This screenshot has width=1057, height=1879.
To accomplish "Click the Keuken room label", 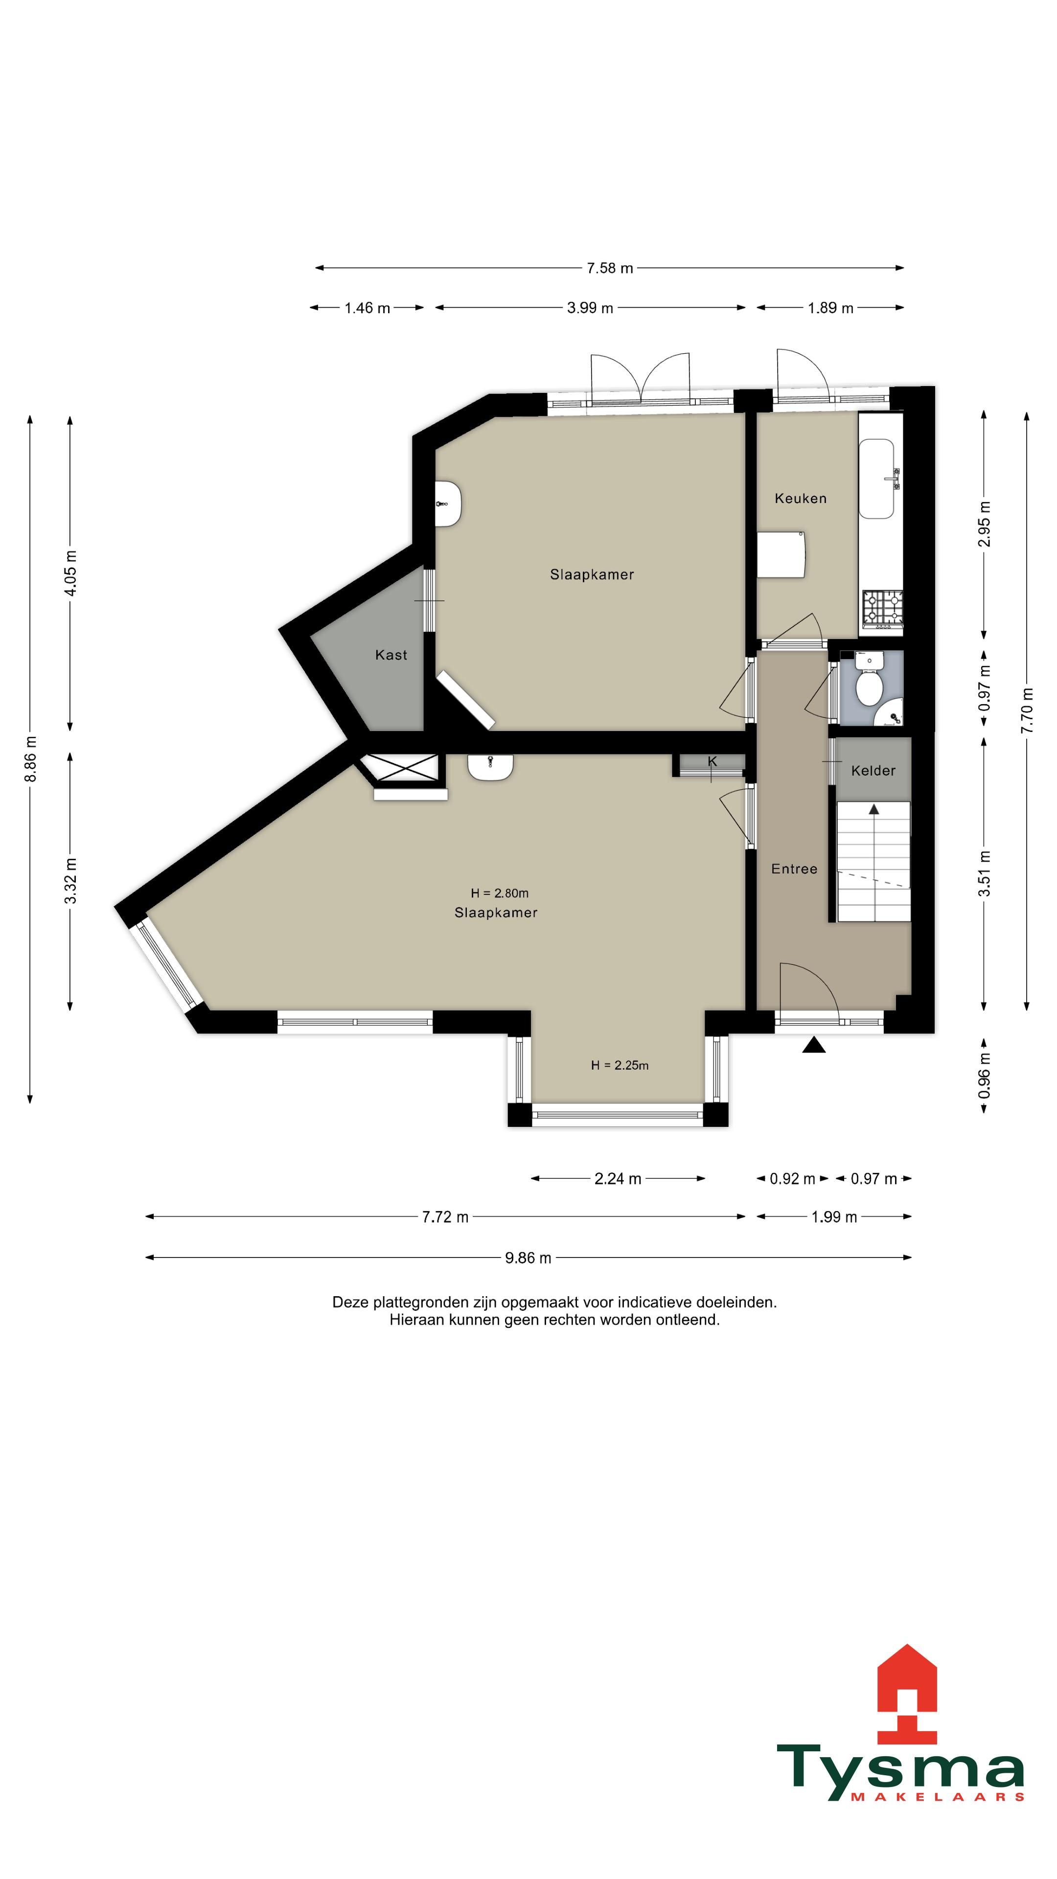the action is (800, 498).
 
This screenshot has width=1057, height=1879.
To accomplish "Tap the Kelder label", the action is (873, 770).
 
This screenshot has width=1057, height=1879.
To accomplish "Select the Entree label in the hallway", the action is (794, 869).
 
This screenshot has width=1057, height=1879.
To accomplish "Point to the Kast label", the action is (391, 655).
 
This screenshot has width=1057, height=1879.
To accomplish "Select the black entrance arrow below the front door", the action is (814, 1045).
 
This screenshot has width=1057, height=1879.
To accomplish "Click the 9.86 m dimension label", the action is (528, 1258).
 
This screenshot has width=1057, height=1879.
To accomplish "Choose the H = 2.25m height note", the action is (620, 1065).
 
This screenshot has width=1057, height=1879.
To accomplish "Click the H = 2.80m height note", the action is (500, 893).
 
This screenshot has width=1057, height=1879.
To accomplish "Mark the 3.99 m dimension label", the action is (590, 308).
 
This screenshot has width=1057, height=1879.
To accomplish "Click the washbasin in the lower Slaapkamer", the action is (490, 767).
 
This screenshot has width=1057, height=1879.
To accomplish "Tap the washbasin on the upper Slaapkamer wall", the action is (448, 504).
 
